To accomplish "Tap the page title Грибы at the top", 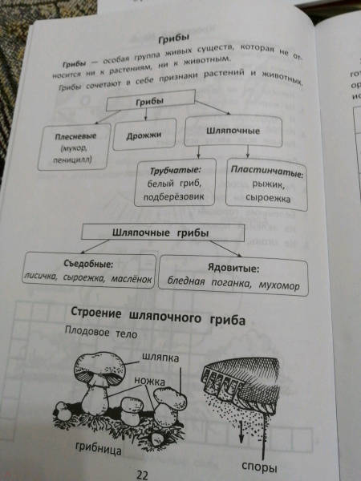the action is point(174,39).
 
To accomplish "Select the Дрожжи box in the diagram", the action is point(144,135).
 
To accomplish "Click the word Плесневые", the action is point(75,136).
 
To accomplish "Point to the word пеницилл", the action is point(72,160).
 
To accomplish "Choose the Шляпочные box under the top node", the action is point(233,131).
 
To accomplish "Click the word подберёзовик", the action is point(174,196).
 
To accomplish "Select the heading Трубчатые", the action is point(175,170).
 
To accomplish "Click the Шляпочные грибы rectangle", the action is point(163,232).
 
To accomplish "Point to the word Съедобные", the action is point(88,263).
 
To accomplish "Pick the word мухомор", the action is point(279,285).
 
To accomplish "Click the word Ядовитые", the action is point(233,269).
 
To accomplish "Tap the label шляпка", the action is point(160,358).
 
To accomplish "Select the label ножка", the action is point(149,381).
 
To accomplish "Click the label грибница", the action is point(98,449).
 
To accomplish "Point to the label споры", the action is point(259,467).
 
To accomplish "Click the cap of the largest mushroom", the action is point(99,367).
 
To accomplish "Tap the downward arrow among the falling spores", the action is point(241,433).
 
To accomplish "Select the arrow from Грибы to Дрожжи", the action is point(146,115).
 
